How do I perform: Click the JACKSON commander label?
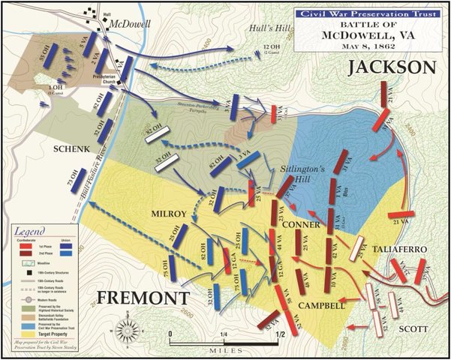391,68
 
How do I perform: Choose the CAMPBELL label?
322,306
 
